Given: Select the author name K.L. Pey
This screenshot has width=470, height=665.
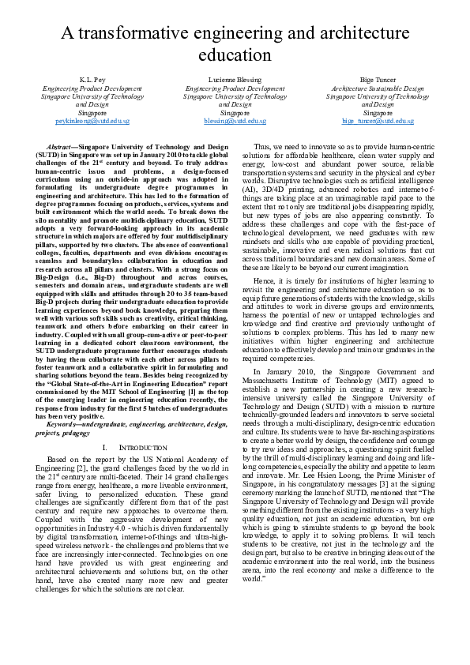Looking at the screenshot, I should [92, 81].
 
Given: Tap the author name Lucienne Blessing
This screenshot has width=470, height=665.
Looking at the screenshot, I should [235, 81].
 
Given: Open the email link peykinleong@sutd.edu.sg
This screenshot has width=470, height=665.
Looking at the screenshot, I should [92, 122].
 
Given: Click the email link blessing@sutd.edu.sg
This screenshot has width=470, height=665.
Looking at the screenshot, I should [235, 122].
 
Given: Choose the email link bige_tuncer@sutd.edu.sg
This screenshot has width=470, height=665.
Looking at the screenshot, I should [378, 122].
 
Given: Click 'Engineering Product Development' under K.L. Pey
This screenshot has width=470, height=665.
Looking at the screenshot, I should [92, 90].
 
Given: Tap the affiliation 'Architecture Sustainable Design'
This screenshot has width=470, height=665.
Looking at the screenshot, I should [378, 90].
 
